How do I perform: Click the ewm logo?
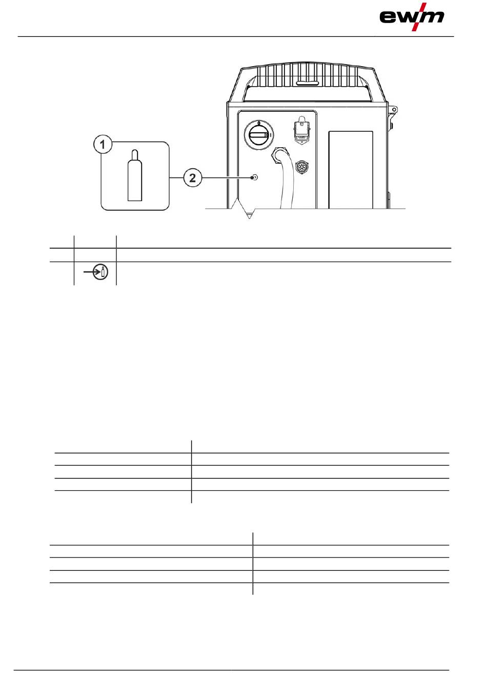click(412, 17)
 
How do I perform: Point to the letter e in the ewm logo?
click(388, 18)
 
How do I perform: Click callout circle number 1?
click(103, 145)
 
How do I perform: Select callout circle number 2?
click(192, 178)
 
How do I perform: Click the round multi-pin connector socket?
click(302, 168)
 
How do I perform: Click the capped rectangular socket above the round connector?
click(302, 128)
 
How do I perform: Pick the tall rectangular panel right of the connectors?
click(351, 169)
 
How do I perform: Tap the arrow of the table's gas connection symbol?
click(91, 272)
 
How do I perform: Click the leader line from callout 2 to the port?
click(226, 178)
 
